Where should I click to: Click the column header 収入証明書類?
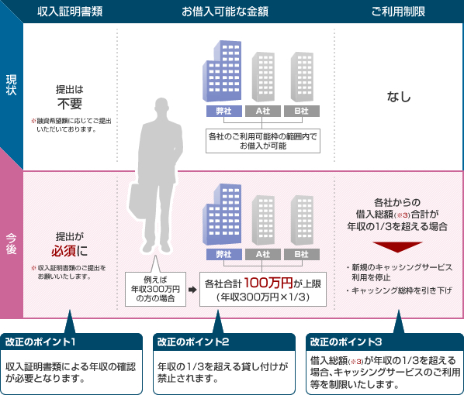point(70,12)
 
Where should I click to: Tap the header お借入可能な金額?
point(225,12)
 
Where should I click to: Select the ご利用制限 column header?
point(398,12)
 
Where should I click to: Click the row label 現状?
point(11,85)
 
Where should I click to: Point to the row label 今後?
point(11,244)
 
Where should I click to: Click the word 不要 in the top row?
point(70,104)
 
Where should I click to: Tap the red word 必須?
point(64,251)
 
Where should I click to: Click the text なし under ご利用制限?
point(399,97)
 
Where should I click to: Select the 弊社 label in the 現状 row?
point(224,111)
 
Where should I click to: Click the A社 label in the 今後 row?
point(263,254)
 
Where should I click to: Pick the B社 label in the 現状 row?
point(302,111)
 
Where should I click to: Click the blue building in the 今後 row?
point(222,215)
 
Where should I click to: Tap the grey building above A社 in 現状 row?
point(263,77)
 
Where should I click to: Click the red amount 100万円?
point(268,283)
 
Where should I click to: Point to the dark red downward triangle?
point(397,247)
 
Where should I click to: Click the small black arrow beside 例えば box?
point(192,290)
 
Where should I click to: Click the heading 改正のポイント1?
point(40,342)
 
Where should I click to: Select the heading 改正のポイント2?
point(193,342)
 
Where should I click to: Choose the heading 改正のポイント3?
point(346,342)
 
